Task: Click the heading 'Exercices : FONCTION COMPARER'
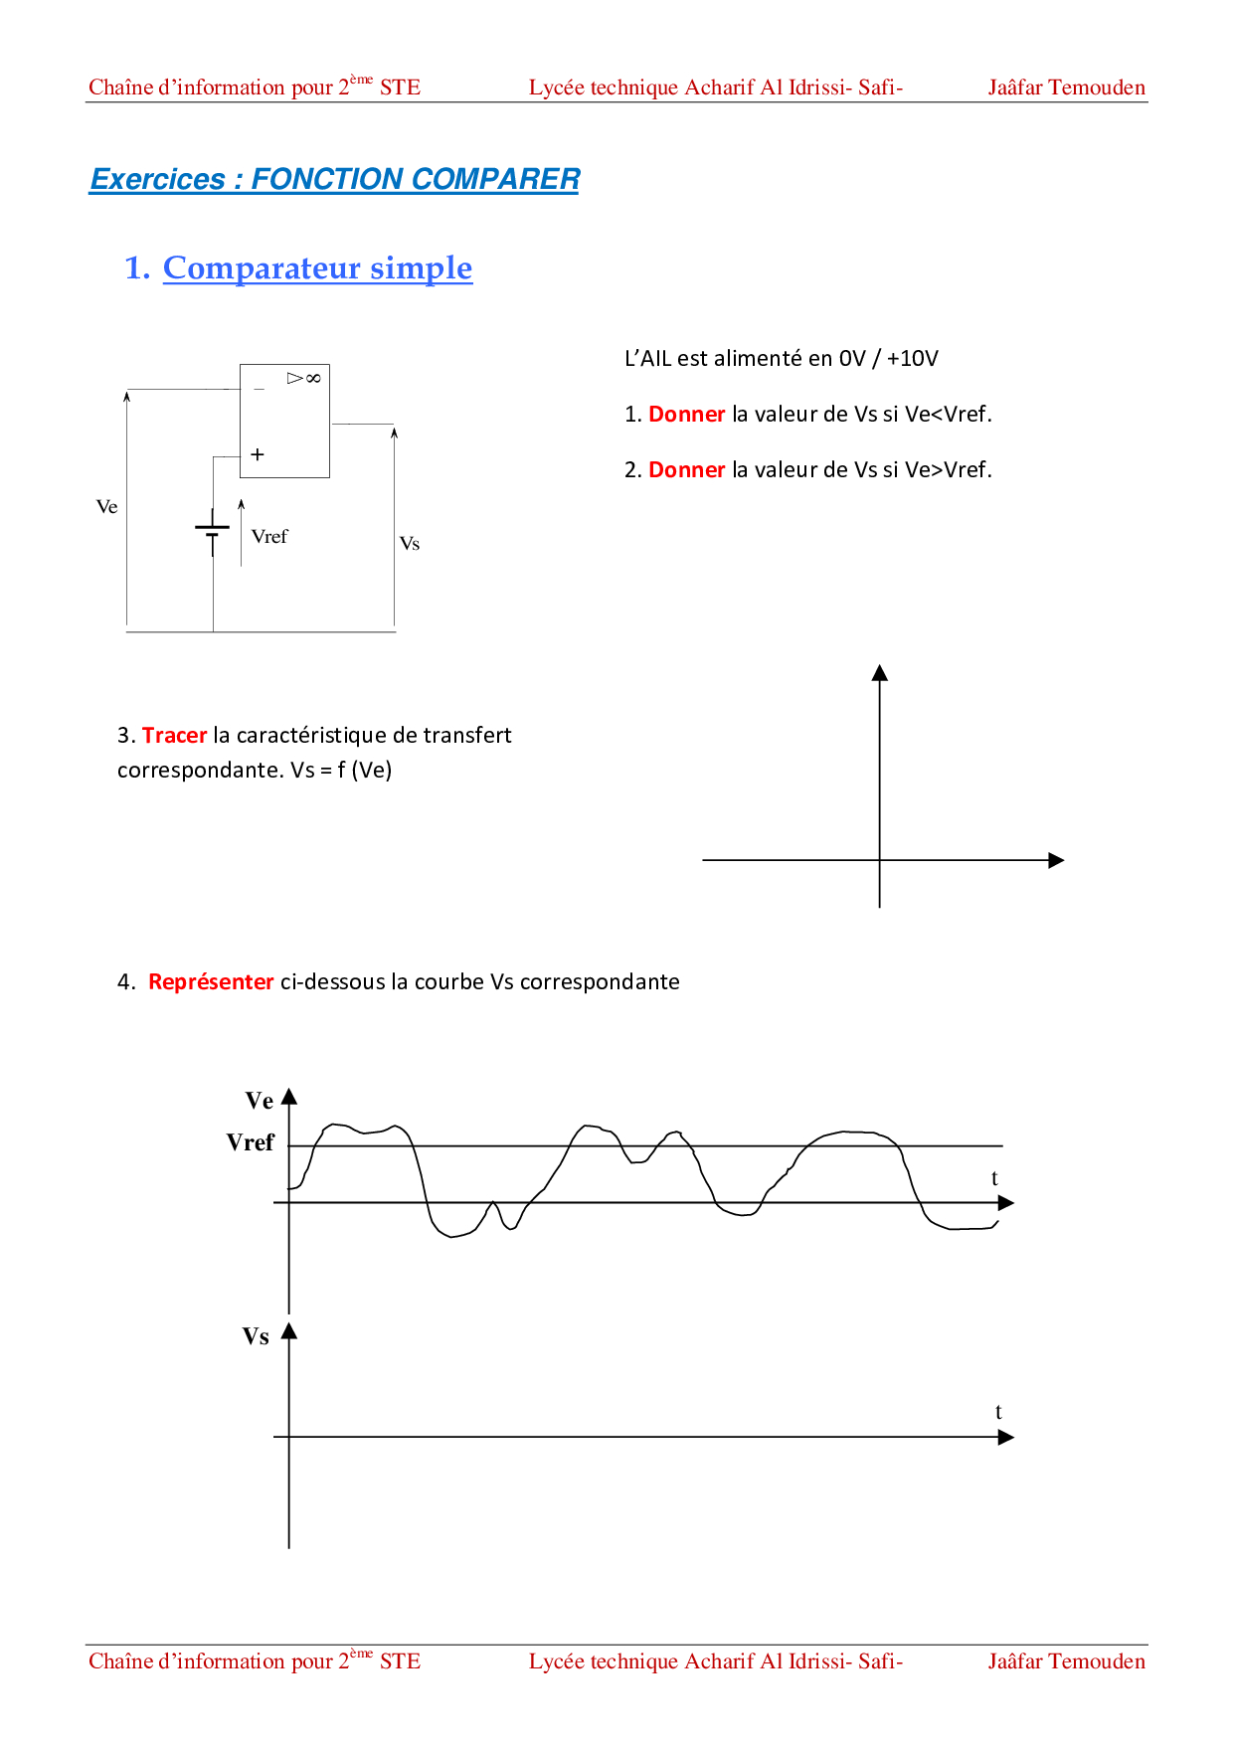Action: [x=334, y=179]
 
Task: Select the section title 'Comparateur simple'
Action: [x=317, y=268]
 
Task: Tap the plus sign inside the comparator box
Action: [x=258, y=454]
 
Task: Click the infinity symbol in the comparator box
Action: [x=313, y=378]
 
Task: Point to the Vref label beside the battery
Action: [x=269, y=537]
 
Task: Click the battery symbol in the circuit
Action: [x=213, y=530]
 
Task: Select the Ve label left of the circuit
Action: [x=106, y=507]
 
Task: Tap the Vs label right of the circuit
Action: [x=410, y=544]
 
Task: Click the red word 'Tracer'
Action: [x=174, y=736]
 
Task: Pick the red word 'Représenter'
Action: [x=211, y=982]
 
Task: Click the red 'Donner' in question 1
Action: [x=686, y=415]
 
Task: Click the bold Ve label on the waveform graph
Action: [x=260, y=1101]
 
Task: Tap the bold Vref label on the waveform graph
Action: [x=250, y=1142]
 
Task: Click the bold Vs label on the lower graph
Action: [x=256, y=1336]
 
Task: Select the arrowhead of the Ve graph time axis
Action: [x=1006, y=1203]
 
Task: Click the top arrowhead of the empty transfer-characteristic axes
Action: [x=879, y=673]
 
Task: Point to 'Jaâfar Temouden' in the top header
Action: [x=1066, y=87]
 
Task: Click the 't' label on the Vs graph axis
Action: [x=998, y=1412]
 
